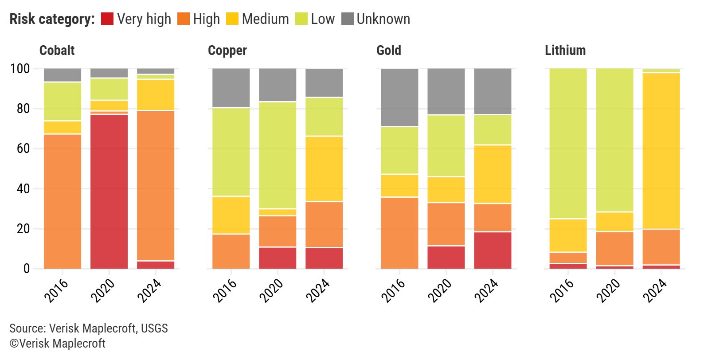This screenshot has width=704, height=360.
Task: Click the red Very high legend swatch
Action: (107, 19)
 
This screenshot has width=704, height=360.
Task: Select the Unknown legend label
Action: (383, 19)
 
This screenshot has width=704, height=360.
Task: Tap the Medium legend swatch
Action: (232, 19)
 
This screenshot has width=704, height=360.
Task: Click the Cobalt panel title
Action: (57, 51)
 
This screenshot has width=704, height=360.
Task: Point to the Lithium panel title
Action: (565, 51)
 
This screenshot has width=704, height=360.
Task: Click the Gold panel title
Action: (388, 51)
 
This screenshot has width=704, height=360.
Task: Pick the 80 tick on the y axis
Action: (23, 109)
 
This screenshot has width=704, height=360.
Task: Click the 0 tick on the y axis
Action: (27, 269)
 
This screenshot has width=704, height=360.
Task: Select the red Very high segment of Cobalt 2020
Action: (109, 191)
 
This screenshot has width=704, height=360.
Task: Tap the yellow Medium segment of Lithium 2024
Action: (661, 151)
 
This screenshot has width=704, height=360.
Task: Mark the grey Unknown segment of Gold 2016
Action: (399, 98)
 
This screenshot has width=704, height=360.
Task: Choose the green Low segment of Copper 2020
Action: (278, 155)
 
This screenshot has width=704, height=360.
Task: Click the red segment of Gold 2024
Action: (493, 250)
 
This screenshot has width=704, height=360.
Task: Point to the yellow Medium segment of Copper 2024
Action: (324, 168)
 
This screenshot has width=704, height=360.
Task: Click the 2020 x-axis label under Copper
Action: (271, 290)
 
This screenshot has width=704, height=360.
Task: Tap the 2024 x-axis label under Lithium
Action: (655, 290)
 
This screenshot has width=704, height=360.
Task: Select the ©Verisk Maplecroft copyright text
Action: (57, 344)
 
